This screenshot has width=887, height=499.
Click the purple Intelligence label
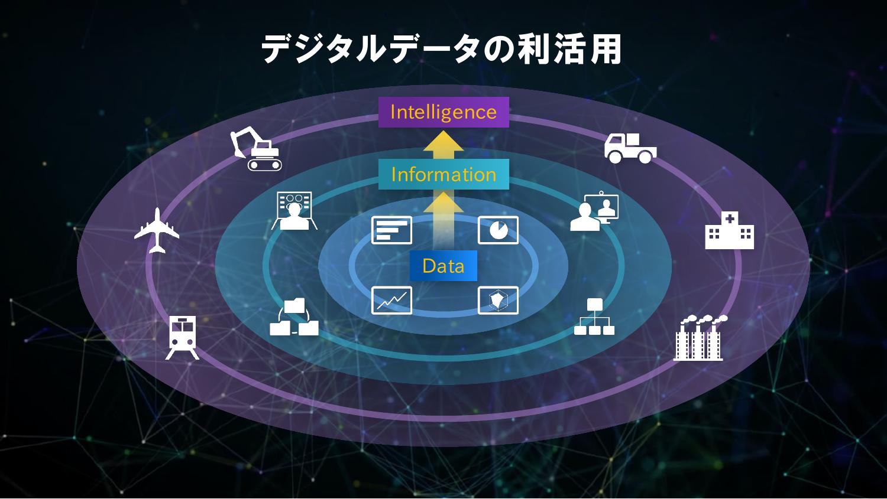444,112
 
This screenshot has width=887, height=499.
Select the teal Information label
444,174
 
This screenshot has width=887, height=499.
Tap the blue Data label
444,266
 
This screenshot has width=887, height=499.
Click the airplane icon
157,230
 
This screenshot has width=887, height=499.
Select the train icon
182,337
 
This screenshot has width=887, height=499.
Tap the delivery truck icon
630,148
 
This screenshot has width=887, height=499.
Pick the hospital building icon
729,231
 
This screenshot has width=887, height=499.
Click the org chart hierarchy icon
594,317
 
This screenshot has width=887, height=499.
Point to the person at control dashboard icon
294,211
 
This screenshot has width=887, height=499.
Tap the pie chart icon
498,230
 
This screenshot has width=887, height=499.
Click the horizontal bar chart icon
391,230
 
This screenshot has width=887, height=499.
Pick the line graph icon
391,300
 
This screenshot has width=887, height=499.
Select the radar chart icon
498,300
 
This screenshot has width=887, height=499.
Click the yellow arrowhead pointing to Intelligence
444,143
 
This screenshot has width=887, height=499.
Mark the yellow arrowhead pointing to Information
444,203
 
